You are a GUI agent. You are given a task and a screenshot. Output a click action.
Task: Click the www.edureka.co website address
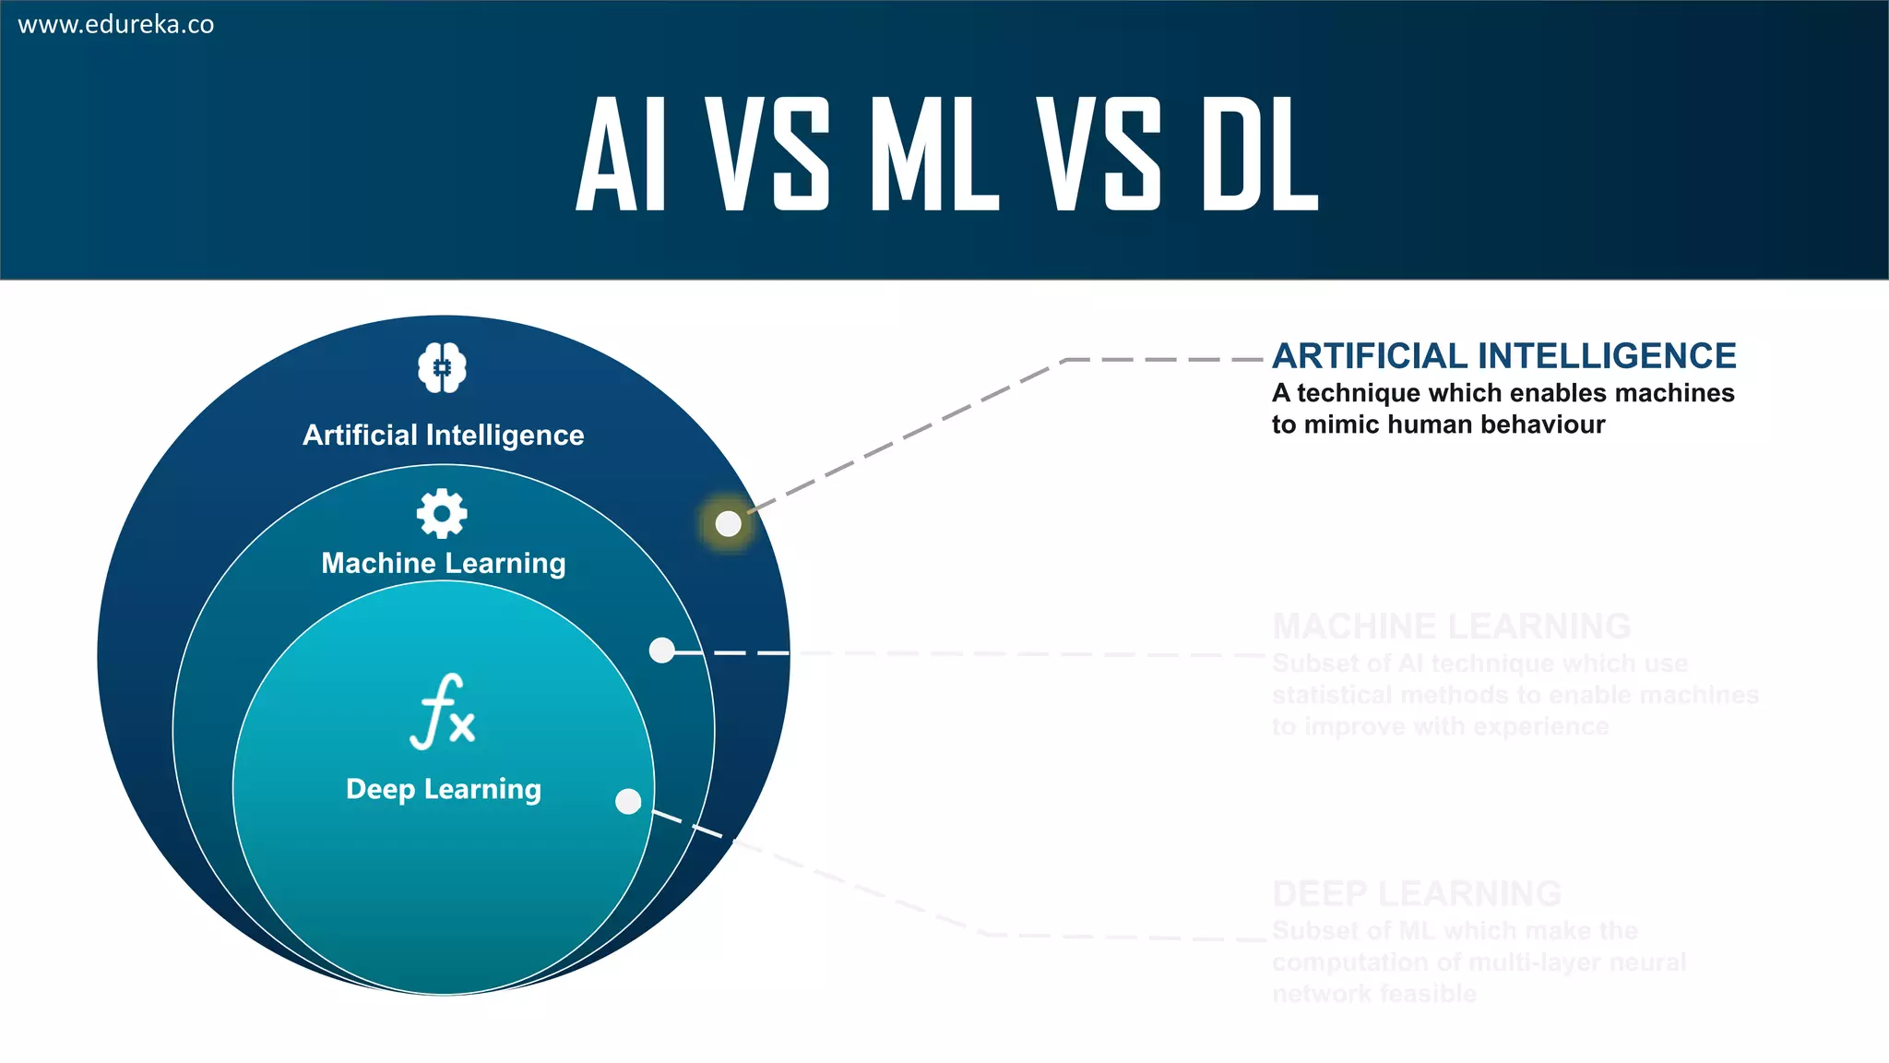tap(116, 25)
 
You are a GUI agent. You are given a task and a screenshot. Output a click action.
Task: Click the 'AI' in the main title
tap(621, 154)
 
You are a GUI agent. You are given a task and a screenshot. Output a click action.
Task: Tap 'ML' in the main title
tap(933, 154)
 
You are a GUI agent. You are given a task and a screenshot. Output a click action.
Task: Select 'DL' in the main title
tap(1260, 154)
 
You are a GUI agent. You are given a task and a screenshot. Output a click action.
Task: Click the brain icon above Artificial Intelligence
tap(443, 368)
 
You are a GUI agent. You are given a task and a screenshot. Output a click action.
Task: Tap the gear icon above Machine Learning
tap(442, 513)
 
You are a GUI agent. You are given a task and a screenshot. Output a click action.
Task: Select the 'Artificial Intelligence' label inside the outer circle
tap(444, 435)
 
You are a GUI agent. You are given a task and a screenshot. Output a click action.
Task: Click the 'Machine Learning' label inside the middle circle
tap(444, 563)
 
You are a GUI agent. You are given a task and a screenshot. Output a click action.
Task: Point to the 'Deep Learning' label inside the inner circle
tap(444, 789)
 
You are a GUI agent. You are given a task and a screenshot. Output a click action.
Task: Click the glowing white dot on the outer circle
tap(729, 524)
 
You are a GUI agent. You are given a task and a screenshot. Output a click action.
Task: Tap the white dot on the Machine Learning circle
tap(662, 651)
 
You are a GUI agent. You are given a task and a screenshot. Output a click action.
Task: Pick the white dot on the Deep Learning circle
tap(628, 801)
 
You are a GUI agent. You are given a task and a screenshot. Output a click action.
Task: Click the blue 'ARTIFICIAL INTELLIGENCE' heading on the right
tap(1504, 356)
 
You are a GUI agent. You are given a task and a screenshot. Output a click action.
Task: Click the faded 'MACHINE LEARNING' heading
tap(1452, 627)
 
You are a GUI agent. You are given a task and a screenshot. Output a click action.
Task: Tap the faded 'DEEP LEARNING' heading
tap(1417, 894)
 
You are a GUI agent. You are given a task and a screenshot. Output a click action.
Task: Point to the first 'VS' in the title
tap(767, 154)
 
